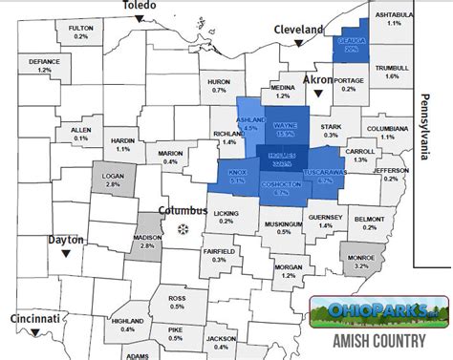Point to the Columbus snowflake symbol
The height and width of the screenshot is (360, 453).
click(183, 228)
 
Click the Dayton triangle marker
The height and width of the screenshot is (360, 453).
click(64, 255)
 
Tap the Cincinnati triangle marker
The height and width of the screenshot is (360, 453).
click(34, 331)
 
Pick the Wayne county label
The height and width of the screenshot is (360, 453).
click(285, 124)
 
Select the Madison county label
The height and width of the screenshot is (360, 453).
click(146, 242)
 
